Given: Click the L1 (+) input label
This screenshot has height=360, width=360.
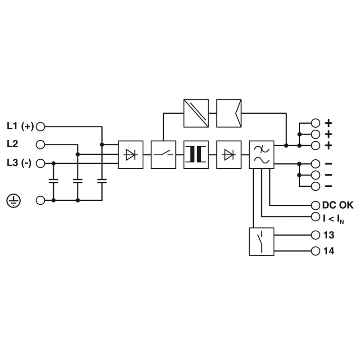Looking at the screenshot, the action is point(20,126).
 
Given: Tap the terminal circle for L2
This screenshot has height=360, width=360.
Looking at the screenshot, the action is point(40,144).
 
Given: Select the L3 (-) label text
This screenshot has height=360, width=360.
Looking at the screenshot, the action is point(19,163).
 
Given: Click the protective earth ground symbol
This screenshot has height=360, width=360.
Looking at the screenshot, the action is point(13,200).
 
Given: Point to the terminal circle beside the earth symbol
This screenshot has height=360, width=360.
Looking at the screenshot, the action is point(40,200).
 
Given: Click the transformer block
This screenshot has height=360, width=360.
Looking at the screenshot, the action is point(196,155).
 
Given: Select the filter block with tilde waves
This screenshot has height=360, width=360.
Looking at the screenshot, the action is point(261,155).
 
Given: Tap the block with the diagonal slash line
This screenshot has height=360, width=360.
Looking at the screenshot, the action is point(196,113).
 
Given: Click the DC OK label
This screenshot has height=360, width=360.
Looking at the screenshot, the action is point(338,205).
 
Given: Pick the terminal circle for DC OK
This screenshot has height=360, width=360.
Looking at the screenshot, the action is point(315,206).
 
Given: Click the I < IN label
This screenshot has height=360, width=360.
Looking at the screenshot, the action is point(333,219).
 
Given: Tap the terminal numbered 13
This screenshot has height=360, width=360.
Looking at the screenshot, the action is point(315,235).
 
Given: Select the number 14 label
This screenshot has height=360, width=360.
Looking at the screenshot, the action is point(329,251).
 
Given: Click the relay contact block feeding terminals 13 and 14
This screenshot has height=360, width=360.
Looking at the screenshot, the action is point(261,242).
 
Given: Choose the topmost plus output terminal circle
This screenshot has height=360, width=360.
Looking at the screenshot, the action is point(315,123).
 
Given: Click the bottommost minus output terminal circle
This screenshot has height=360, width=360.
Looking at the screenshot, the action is point(315,186).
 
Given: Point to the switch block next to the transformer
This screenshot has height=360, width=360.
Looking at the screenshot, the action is point(163,155).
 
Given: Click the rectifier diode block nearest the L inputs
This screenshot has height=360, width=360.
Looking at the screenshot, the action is point(130,155).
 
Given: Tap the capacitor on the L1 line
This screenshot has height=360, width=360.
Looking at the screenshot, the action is point(102,181).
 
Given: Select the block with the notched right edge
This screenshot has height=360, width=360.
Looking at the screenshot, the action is point(229,113).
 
